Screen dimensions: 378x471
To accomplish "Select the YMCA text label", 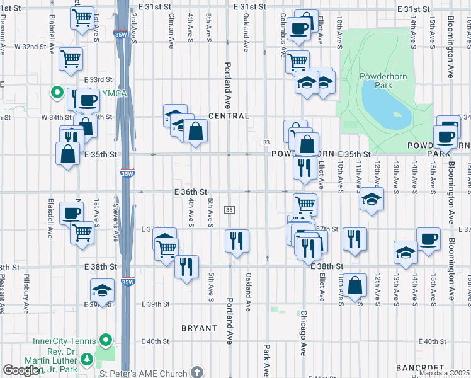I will click(116, 94).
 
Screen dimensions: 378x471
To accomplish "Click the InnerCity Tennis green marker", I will click(106, 341).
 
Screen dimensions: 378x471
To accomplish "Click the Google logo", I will click(21, 371).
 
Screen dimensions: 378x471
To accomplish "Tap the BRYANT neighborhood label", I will click(199, 328).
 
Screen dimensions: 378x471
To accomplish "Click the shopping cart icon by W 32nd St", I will click(71, 59).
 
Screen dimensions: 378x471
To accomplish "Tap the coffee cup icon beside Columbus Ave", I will click(298, 28).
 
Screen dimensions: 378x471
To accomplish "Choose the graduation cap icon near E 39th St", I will click(102, 290).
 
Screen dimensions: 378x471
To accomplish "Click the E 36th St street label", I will click(191, 192).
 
